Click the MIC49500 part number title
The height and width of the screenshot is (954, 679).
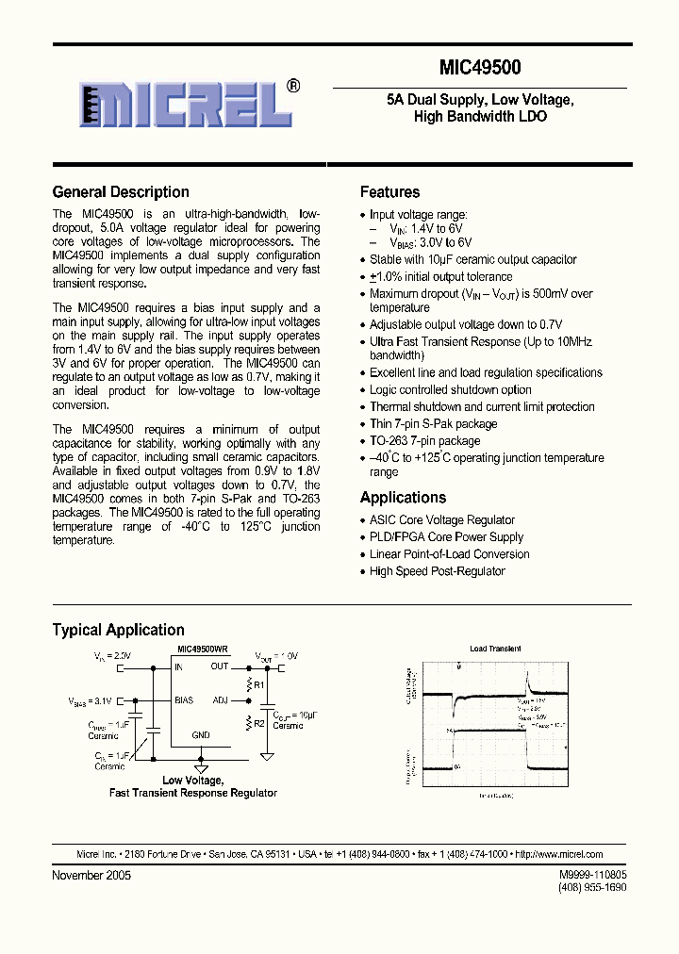pyautogui.click(x=480, y=68)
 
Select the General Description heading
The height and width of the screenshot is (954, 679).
pyautogui.click(x=121, y=192)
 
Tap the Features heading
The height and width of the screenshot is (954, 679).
pyautogui.click(x=390, y=192)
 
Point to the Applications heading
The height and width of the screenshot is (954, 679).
pyautogui.click(x=404, y=498)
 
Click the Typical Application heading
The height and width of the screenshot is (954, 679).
pyautogui.click(x=118, y=630)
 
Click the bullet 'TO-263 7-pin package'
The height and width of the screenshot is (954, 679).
pyautogui.click(x=424, y=441)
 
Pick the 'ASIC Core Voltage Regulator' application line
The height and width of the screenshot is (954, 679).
pyautogui.click(x=441, y=520)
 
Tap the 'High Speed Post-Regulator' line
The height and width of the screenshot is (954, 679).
pyautogui.click(x=437, y=571)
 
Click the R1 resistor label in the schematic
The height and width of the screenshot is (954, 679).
pyautogui.click(x=259, y=684)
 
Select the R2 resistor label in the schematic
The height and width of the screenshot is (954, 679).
pyautogui.click(x=259, y=723)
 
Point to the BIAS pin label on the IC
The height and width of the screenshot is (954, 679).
pyautogui.click(x=184, y=700)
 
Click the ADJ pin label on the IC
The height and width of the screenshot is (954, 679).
pyautogui.click(x=220, y=700)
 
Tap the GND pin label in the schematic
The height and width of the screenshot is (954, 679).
pyautogui.click(x=201, y=734)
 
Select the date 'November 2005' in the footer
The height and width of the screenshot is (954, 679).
pyautogui.click(x=91, y=875)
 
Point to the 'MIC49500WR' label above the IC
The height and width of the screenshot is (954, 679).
pyautogui.click(x=204, y=650)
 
